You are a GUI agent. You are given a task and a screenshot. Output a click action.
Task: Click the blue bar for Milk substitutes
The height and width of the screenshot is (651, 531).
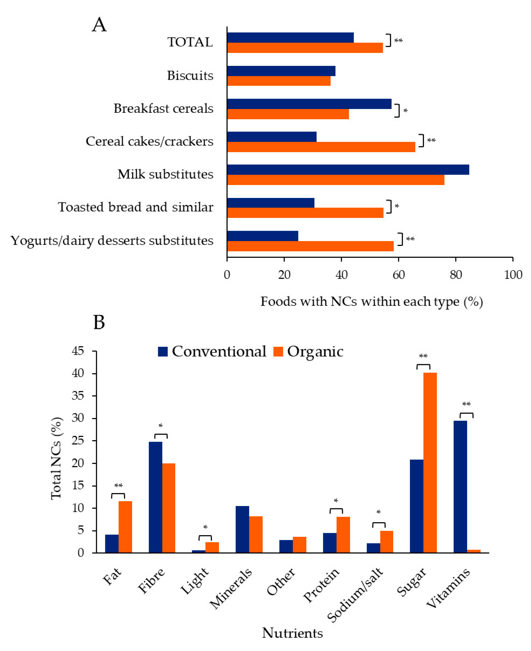(348, 170)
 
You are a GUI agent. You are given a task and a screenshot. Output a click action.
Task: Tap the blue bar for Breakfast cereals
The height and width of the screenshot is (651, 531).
(309, 104)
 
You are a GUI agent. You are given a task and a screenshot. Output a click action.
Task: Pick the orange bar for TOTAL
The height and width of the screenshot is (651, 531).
(305, 48)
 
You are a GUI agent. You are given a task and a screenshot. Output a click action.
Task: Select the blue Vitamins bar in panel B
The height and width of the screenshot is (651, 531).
(460, 486)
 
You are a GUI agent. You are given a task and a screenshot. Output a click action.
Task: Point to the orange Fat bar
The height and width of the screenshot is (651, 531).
(125, 527)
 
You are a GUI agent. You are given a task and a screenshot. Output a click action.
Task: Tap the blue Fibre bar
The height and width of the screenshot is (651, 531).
(155, 497)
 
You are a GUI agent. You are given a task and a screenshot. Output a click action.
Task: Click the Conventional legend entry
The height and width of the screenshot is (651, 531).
(212, 352)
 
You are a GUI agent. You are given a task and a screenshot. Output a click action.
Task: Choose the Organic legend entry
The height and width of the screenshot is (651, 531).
(308, 352)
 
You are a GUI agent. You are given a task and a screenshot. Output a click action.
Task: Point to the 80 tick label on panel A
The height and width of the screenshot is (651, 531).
(455, 275)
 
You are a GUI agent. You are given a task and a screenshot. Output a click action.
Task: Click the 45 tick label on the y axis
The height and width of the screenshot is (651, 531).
(78, 351)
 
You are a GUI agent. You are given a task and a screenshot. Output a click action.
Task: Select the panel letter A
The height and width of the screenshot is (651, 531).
(99, 24)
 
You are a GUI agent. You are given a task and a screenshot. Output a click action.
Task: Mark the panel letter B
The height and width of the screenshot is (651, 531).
(99, 322)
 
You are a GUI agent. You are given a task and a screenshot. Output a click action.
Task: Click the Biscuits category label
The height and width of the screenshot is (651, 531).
(190, 76)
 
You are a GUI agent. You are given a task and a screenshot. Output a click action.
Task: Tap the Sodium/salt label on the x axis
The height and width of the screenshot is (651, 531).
(355, 595)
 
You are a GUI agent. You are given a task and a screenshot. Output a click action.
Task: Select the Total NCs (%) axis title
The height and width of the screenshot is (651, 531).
(57, 458)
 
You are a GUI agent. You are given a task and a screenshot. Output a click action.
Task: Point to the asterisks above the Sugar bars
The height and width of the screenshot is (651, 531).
(423, 356)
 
